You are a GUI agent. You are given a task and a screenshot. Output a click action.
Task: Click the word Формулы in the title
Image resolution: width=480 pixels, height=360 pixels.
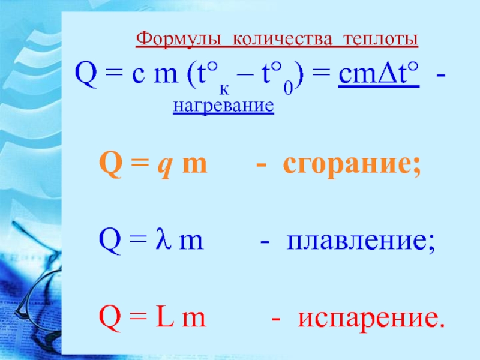click(178, 39)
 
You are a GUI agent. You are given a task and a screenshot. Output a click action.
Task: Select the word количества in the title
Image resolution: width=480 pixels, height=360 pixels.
click(282, 40)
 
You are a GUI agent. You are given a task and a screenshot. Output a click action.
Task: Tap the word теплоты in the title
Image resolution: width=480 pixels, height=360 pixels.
click(380, 40)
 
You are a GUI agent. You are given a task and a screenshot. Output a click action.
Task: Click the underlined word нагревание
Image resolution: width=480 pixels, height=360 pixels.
click(223, 106)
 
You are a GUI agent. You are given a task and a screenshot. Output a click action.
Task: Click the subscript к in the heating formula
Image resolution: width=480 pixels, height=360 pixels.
click(224, 89)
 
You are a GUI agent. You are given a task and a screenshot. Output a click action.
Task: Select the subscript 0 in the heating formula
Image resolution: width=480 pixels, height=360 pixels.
click(288, 88)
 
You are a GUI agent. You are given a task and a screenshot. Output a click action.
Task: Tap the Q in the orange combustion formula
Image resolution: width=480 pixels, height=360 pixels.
click(111, 164)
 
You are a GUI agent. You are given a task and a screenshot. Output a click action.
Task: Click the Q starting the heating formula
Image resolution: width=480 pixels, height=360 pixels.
click(86, 74)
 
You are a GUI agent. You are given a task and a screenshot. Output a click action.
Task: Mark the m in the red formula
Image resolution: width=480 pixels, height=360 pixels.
click(193, 319)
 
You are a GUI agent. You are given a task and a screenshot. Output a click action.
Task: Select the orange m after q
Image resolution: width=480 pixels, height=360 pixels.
click(194, 165)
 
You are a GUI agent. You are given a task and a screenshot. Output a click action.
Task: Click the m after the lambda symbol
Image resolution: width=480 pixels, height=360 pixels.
click(191, 242)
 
